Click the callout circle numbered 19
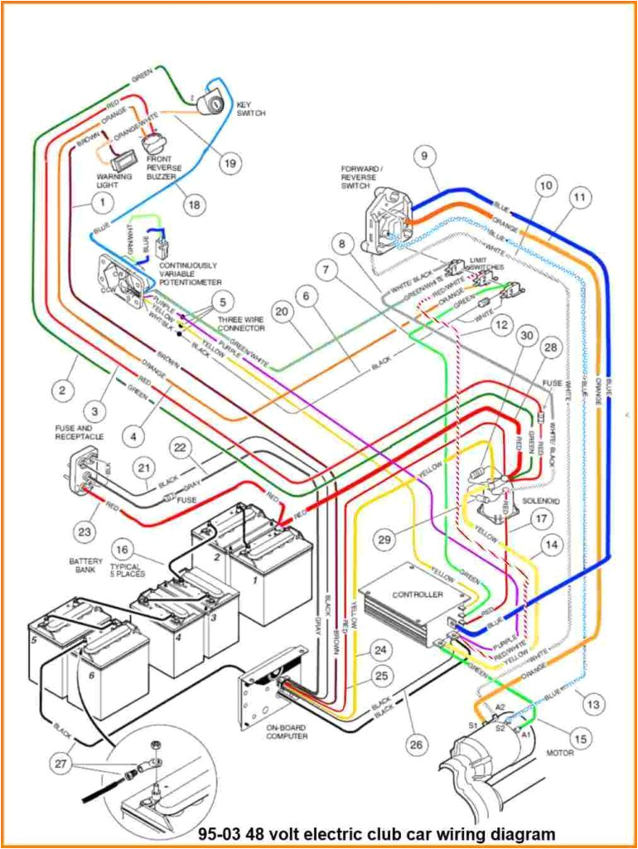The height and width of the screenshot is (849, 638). pos(230,163)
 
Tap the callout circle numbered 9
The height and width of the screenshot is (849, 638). pos(423,155)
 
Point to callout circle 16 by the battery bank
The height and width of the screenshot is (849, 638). pos(122,549)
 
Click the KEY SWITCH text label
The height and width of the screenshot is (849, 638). pos(251,109)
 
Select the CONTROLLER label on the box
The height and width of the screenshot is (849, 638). pos(418,594)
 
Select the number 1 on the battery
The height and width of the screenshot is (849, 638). pos(255,581)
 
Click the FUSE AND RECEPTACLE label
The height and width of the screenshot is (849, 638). pos(80,432)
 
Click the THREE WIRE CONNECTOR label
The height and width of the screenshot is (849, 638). pos(242,323)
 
